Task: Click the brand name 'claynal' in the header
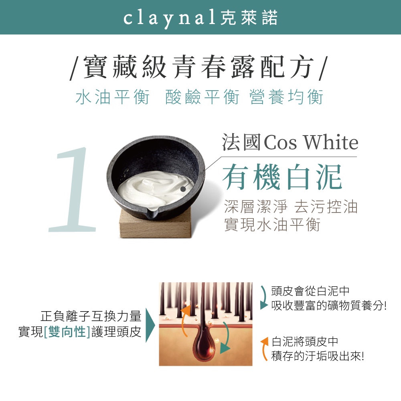[169, 18]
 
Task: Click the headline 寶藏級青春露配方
[198, 67]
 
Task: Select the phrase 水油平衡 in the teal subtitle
[113, 97]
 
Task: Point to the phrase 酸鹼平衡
[202, 97]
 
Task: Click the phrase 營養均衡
[286, 97]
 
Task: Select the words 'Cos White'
[311, 142]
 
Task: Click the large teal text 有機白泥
[282, 177]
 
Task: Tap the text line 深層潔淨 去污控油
[291, 207]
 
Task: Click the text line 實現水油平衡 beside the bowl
[272, 225]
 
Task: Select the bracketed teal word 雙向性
[67, 332]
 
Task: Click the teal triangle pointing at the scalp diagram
[150, 325]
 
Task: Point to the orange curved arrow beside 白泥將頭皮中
[263, 349]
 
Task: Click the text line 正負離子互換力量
[91, 316]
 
